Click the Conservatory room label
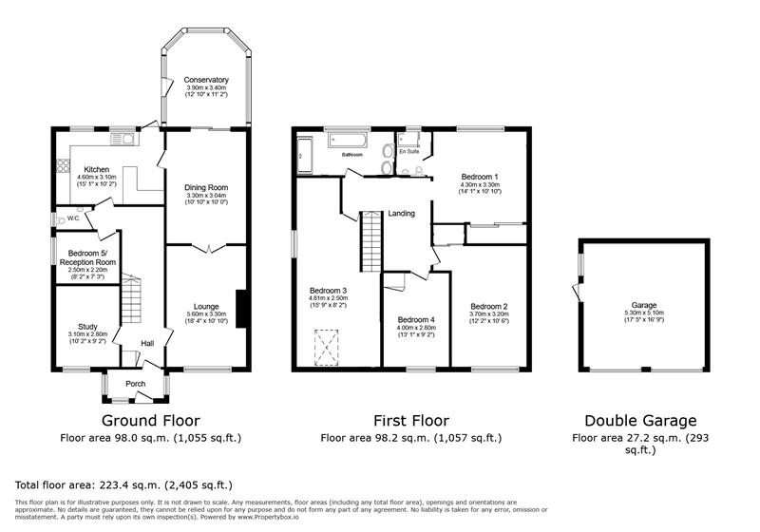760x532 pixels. pyautogui.click(x=206, y=80)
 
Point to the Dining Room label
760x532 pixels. pyautogui.click(x=206, y=187)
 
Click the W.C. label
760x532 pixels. pyautogui.click(x=72, y=218)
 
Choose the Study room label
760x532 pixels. pyautogui.click(x=87, y=326)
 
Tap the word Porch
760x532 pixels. pyautogui.click(x=136, y=385)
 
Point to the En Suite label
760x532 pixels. pyautogui.click(x=409, y=151)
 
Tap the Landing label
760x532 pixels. pyautogui.click(x=402, y=214)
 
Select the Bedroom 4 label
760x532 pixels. pyautogui.click(x=416, y=319)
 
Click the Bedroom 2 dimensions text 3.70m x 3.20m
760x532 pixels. pyautogui.click(x=490, y=314)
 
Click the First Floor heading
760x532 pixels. pyautogui.click(x=410, y=420)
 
